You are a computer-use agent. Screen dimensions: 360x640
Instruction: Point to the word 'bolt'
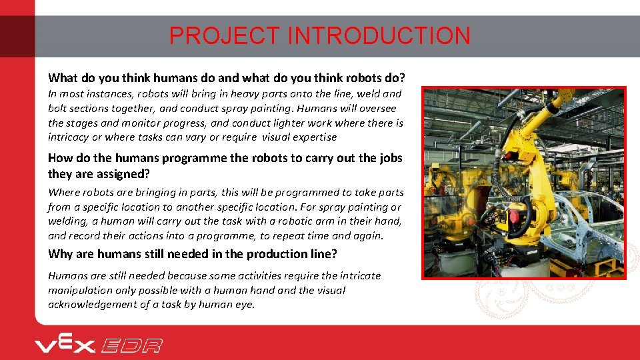[x=59, y=108]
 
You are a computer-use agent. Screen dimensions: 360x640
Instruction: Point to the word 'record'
[x=85, y=235]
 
